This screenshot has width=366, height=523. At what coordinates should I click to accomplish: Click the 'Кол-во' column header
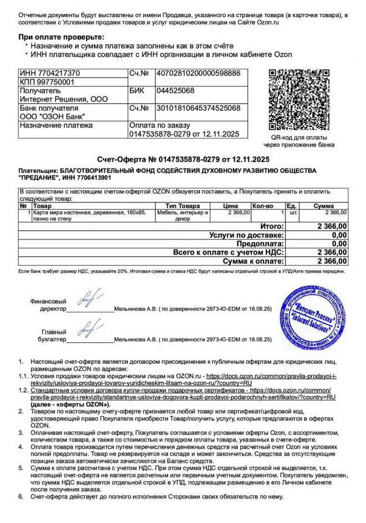pos(263,206)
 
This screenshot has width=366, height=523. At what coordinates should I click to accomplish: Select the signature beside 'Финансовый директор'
pos(89,298)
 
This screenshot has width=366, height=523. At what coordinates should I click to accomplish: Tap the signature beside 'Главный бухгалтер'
pos(89,329)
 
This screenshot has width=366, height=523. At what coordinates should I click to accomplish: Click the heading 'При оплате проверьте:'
pos(61,36)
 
